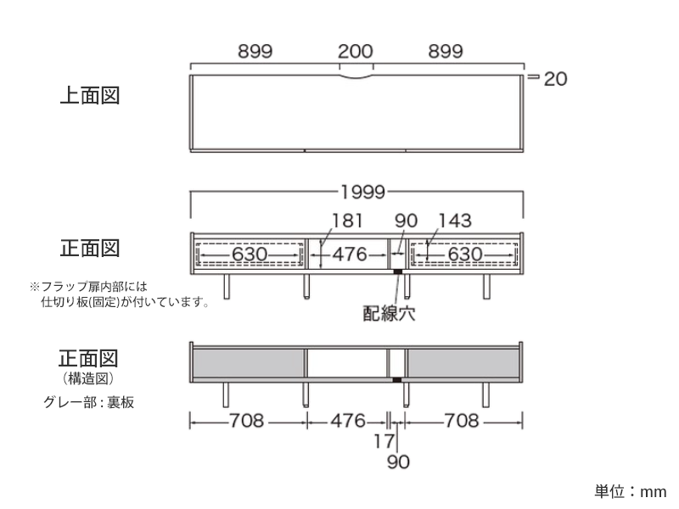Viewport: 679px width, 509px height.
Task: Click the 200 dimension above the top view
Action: click(x=356, y=51)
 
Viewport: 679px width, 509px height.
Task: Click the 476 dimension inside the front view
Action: click(x=348, y=254)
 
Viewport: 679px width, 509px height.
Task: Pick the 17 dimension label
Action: click(x=384, y=441)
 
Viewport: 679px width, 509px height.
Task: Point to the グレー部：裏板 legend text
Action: click(x=88, y=402)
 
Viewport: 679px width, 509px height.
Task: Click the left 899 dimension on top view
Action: click(x=255, y=51)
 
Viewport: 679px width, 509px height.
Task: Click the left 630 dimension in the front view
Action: click(x=250, y=254)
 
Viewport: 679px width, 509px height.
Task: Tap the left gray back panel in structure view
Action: click(x=248, y=362)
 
